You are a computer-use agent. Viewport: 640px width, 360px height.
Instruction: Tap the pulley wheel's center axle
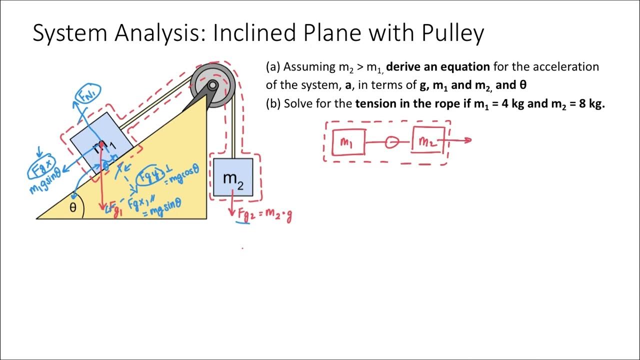click(x=212, y=85)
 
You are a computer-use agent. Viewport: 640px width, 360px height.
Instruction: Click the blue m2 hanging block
click(x=233, y=177)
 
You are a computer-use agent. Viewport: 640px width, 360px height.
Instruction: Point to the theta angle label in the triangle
click(x=73, y=207)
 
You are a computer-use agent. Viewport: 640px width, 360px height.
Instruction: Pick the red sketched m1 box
click(x=348, y=142)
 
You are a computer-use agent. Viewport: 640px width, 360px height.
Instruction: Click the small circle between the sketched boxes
click(x=392, y=142)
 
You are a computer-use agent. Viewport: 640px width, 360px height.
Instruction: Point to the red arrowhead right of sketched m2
click(x=468, y=140)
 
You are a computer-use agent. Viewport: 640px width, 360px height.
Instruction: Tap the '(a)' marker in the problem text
click(x=273, y=67)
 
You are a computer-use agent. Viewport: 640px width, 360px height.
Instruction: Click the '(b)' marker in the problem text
click(x=273, y=104)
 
